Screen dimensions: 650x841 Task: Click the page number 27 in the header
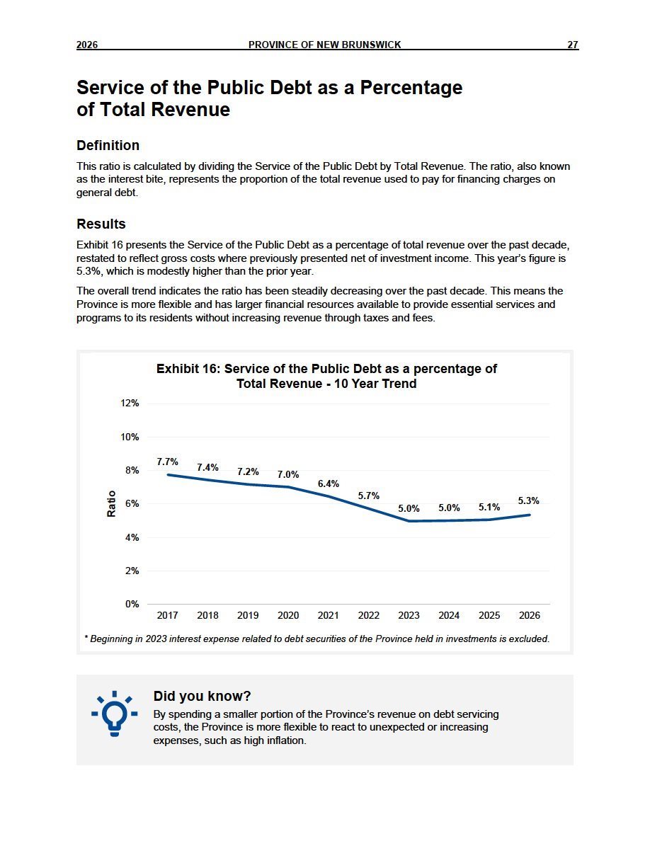[x=573, y=45]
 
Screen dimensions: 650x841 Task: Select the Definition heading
[x=108, y=145]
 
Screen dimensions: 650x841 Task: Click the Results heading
[x=101, y=224]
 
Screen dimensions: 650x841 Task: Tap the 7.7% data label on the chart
[x=167, y=462]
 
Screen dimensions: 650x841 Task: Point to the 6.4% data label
[x=329, y=484]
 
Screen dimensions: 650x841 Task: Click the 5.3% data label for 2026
[x=528, y=500]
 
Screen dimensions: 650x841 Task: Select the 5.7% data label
[x=368, y=496]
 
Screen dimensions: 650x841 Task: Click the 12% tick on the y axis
[x=130, y=404]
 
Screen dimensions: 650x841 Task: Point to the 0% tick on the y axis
[x=132, y=604]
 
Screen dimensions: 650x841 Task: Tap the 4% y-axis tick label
[x=132, y=537]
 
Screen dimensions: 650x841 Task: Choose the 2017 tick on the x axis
[x=167, y=615]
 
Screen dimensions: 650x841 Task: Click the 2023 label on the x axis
[x=409, y=615]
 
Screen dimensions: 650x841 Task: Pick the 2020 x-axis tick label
[x=288, y=615]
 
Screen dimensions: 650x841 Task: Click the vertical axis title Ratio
[x=112, y=503]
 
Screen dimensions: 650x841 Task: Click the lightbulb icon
[x=114, y=714]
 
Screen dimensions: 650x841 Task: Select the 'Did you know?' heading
[x=203, y=696]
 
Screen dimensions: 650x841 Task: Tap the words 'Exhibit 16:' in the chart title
[x=188, y=369]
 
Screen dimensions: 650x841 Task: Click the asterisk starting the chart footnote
[x=86, y=638]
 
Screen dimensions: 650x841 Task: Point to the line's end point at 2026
[x=530, y=515]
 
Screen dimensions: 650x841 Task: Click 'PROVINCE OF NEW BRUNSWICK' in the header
[x=324, y=45]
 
